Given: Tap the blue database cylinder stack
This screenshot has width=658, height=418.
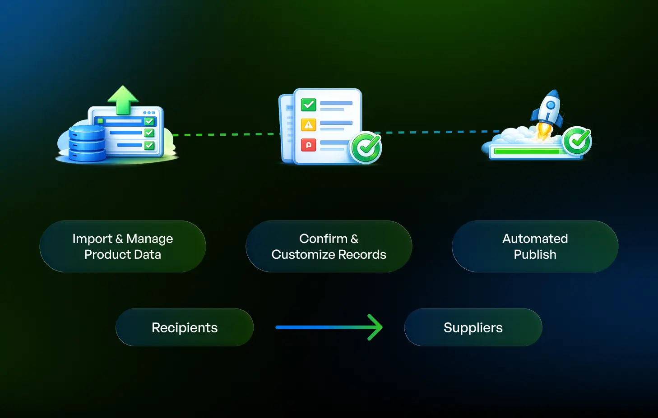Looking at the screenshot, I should [87, 143].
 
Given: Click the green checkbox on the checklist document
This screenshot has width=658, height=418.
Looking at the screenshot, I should [309, 105].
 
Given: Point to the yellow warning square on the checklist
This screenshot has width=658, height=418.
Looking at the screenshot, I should [309, 125].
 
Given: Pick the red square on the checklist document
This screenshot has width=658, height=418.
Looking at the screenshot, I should [309, 145].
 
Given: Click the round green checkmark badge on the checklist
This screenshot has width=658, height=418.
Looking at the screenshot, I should [366, 147].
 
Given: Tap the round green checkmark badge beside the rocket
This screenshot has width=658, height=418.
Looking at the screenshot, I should [577, 141].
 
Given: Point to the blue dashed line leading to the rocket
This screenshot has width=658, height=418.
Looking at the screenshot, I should [433, 132].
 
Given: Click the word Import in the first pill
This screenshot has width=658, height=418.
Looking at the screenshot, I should [92, 239].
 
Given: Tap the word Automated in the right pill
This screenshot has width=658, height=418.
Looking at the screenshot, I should [535, 239].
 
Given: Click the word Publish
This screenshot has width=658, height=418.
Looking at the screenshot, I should [535, 255].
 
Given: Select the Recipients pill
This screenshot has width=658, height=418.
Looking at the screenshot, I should [185, 327].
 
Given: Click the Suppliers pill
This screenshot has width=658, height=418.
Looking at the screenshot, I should [473, 327].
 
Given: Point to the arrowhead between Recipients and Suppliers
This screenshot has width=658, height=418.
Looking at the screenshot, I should [375, 327].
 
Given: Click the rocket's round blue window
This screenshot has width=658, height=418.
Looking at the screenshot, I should [550, 106].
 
